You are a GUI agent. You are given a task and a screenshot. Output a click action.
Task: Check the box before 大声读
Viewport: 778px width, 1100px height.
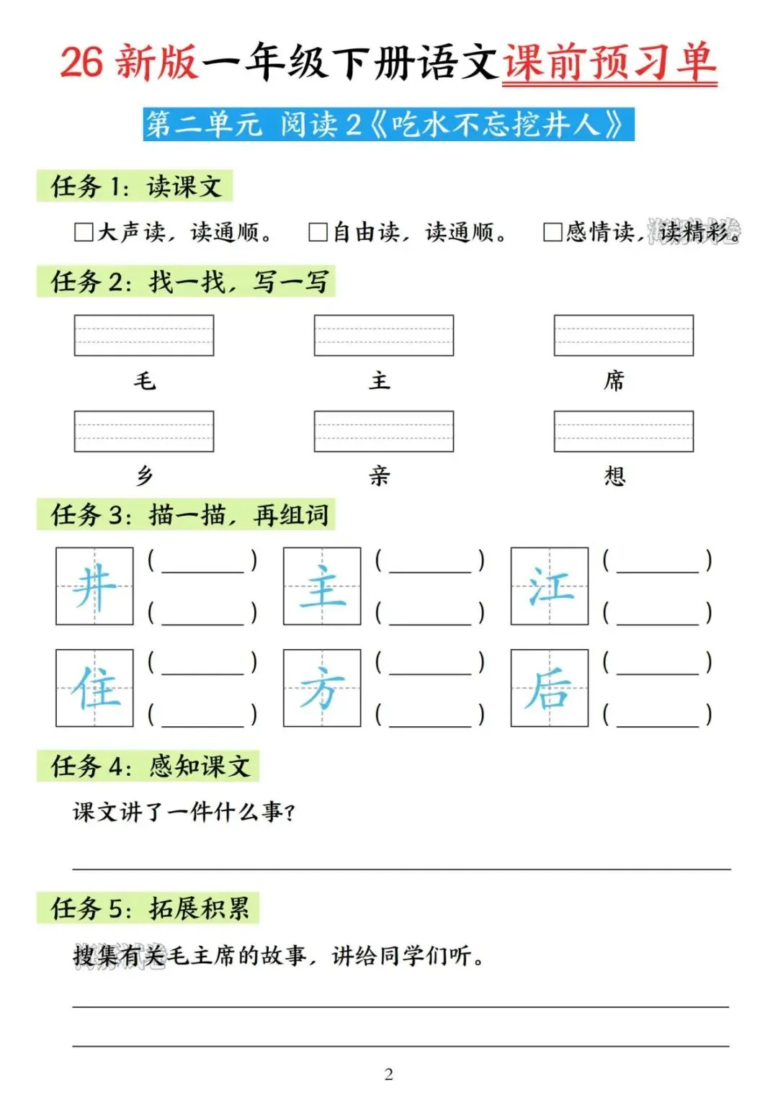click(x=84, y=232)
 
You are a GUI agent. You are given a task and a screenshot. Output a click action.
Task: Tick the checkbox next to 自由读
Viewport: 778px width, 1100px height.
click(x=318, y=232)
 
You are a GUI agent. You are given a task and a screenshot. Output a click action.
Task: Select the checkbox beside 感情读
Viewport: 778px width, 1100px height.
click(x=553, y=232)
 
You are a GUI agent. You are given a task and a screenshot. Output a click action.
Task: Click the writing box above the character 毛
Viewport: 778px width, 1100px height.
click(x=144, y=335)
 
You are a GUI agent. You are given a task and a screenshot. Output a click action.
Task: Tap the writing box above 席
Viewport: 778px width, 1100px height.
click(x=623, y=335)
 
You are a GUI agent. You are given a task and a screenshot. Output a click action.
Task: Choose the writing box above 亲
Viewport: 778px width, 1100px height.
click(x=383, y=431)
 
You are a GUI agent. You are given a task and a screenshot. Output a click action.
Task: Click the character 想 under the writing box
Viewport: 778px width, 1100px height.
click(x=614, y=476)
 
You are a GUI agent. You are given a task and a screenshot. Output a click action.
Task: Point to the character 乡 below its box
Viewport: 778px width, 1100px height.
click(x=145, y=476)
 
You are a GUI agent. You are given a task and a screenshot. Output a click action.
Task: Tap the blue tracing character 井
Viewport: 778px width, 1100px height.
click(x=94, y=586)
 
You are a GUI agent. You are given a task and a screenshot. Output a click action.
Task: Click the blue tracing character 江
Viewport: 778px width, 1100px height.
click(x=550, y=586)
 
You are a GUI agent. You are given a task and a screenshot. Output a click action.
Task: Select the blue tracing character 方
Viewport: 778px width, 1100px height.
click(x=322, y=689)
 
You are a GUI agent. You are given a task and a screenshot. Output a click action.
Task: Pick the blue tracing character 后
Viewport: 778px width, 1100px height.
click(x=550, y=689)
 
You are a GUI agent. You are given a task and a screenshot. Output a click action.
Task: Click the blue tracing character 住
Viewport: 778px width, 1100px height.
click(x=94, y=689)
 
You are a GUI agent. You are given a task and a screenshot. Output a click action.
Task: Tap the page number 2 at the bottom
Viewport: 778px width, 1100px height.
click(x=389, y=1074)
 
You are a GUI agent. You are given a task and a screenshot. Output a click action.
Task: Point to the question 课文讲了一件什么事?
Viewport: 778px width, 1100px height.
click(x=184, y=813)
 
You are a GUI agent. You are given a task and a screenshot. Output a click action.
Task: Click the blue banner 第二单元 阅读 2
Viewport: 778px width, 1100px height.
click(x=388, y=125)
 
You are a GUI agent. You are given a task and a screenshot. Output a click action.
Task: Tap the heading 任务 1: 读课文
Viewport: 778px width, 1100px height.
click(x=135, y=187)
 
